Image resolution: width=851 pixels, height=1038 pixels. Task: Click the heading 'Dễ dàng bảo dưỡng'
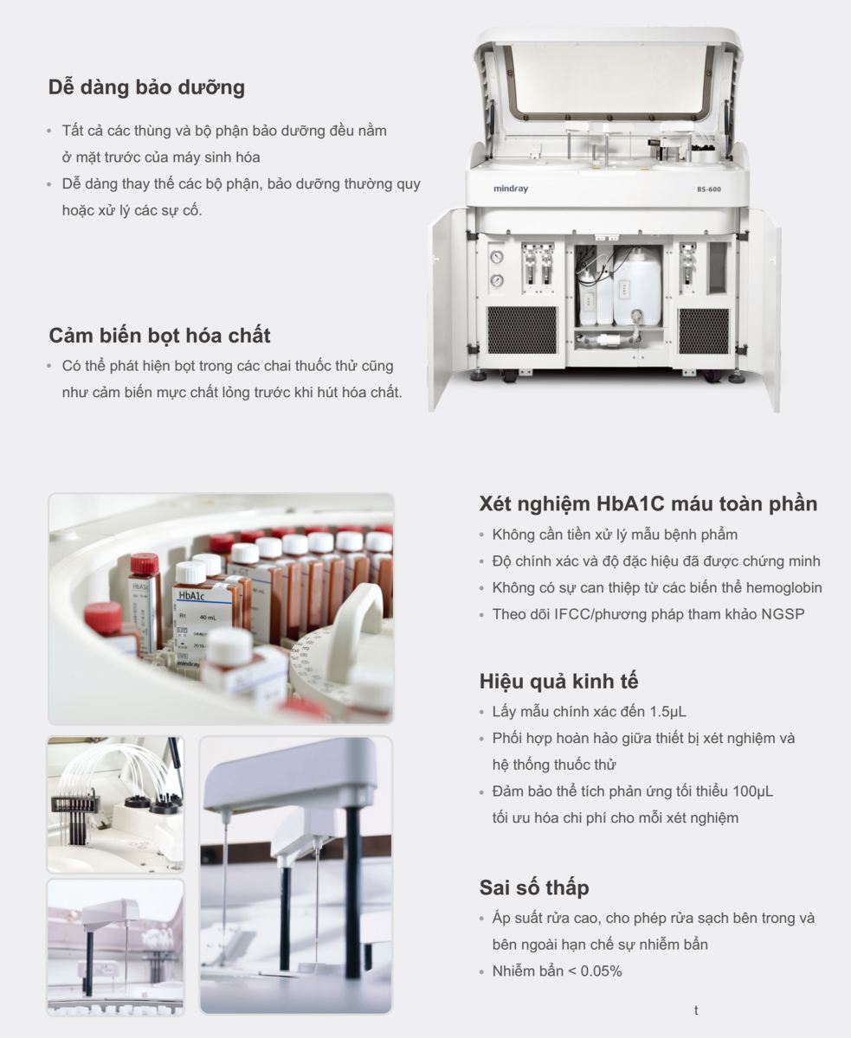146,87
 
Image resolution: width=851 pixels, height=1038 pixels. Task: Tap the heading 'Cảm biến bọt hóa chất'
159,335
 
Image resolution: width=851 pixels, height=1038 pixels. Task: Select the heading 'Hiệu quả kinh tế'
559,681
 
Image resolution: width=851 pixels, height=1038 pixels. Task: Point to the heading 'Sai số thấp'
534,887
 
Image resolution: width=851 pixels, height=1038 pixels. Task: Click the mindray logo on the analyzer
511,189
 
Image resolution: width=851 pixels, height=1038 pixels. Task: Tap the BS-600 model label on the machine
709,189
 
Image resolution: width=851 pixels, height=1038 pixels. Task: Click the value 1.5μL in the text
667,712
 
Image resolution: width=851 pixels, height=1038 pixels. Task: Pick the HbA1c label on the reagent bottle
191,596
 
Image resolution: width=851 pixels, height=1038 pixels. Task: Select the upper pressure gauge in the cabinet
497,257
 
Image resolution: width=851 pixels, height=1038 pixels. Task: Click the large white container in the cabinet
637,288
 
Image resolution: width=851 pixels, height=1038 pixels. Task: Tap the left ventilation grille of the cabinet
522,330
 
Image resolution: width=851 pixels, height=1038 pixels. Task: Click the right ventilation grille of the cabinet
703,330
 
